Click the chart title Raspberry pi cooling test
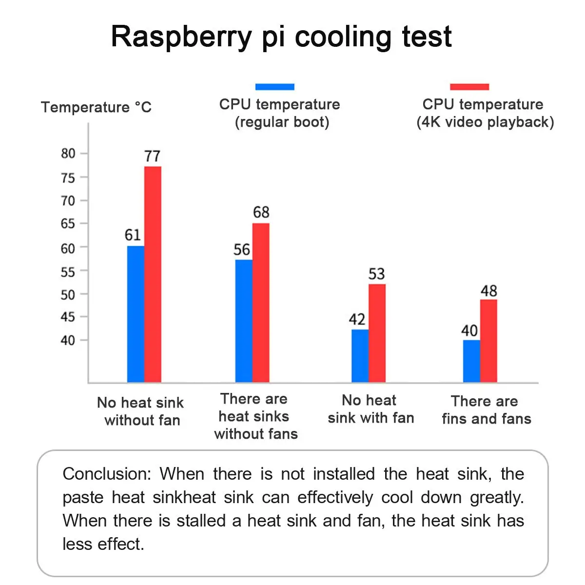point(281,37)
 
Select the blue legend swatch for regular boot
point(274,87)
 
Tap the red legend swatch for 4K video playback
point(469,87)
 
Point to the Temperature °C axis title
point(96,107)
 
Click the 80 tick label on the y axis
point(68,154)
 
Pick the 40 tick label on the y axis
point(68,340)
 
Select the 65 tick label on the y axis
point(68,224)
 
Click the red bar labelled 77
point(153,274)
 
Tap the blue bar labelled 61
point(136,314)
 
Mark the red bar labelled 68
point(261,302)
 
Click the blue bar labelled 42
point(360,356)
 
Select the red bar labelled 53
point(377,333)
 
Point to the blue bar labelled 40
point(471,361)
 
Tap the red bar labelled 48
point(488,341)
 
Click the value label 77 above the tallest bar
point(152,156)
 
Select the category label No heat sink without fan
point(141,411)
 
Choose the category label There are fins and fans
point(486,409)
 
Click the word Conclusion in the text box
point(107,474)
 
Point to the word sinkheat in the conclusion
point(184,497)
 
